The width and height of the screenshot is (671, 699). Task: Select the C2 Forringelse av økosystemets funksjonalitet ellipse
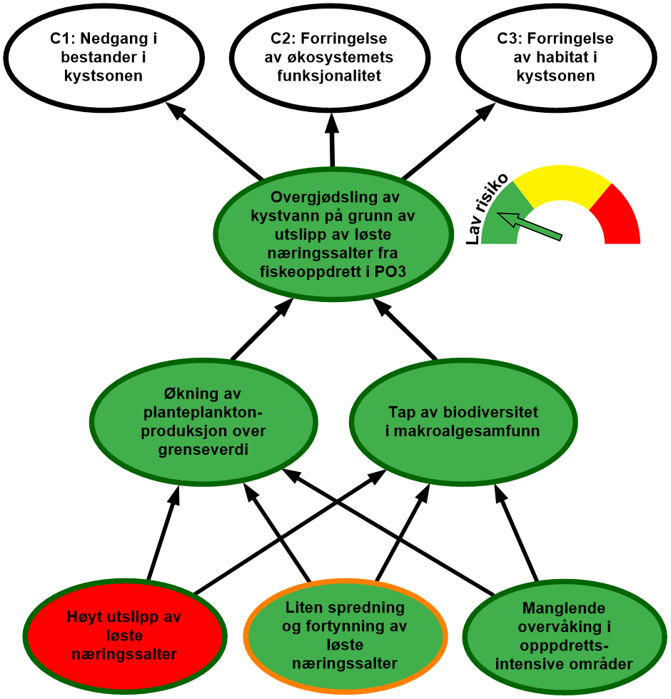(332, 56)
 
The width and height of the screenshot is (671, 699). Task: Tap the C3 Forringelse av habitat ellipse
(556, 56)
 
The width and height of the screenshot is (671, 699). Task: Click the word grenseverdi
(204, 450)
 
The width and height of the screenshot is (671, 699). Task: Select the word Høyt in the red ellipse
(85, 617)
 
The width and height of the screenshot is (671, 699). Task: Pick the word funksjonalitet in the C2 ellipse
(332, 76)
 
